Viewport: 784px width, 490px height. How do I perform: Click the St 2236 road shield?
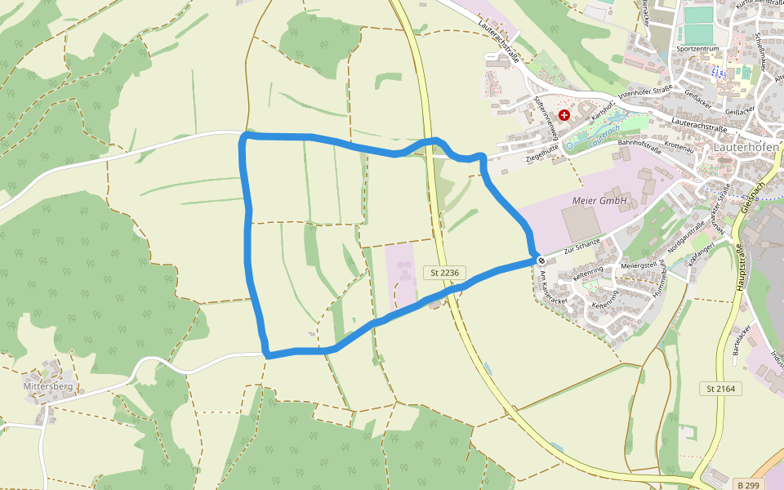444,272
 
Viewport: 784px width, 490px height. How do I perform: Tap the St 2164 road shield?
719,389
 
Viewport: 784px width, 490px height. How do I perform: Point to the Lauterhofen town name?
747,147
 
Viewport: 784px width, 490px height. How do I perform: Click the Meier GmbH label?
599,200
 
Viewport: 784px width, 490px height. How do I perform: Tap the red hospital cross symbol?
563,115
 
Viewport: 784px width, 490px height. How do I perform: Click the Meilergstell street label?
639,265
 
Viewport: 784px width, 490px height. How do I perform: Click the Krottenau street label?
679,149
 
